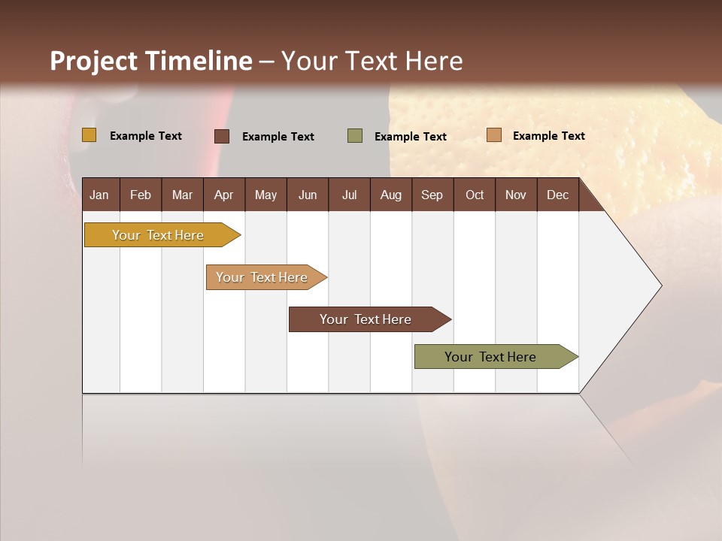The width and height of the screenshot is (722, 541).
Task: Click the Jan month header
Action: [99, 195]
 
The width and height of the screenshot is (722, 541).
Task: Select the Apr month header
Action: [223, 195]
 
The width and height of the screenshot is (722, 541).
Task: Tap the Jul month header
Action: [349, 195]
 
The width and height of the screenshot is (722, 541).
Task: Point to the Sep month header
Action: [432, 195]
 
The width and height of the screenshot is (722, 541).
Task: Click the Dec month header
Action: [557, 195]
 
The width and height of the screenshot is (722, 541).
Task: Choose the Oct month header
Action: [475, 195]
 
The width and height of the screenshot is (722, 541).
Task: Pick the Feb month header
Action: [141, 195]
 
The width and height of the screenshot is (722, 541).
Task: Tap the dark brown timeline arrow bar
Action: [366, 319]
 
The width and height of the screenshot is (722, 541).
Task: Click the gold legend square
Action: [89, 135]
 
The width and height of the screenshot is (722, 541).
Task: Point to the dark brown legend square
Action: [222, 136]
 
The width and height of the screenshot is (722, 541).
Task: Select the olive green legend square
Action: [355, 136]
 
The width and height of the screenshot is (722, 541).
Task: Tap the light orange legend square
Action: [493, 135]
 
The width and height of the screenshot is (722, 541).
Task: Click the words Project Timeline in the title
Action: [150, 61]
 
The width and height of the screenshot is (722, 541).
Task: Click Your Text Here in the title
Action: [372, 61]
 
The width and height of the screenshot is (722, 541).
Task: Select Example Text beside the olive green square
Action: [410, 137]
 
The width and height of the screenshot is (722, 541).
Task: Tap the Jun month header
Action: [308, 195]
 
